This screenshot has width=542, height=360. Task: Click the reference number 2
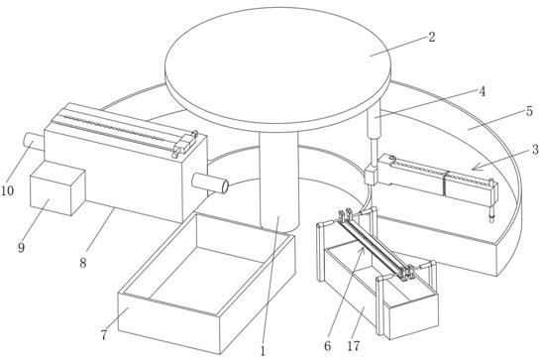(431, 37)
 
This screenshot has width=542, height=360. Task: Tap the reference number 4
(482, 91)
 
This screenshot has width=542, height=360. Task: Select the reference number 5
(529, 111)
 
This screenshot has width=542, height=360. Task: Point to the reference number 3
(535, 150)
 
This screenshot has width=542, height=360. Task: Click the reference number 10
(7, 190)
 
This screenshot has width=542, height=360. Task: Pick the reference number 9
(22, 247)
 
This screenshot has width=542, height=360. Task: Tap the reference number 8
(83, 263)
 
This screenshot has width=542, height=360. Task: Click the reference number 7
(104, 335)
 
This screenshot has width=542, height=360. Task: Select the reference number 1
(263, 351)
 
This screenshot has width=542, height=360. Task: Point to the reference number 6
(327, 345)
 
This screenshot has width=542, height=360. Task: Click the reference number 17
(354, 345)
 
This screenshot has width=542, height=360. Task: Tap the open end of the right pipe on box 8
(225, 186)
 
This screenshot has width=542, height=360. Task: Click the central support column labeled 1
(278, 181)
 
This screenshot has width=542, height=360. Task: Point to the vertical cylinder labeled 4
(374, 121)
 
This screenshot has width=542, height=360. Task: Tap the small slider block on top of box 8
(184, 144)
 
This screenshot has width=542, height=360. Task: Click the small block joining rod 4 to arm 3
(372, 175)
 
